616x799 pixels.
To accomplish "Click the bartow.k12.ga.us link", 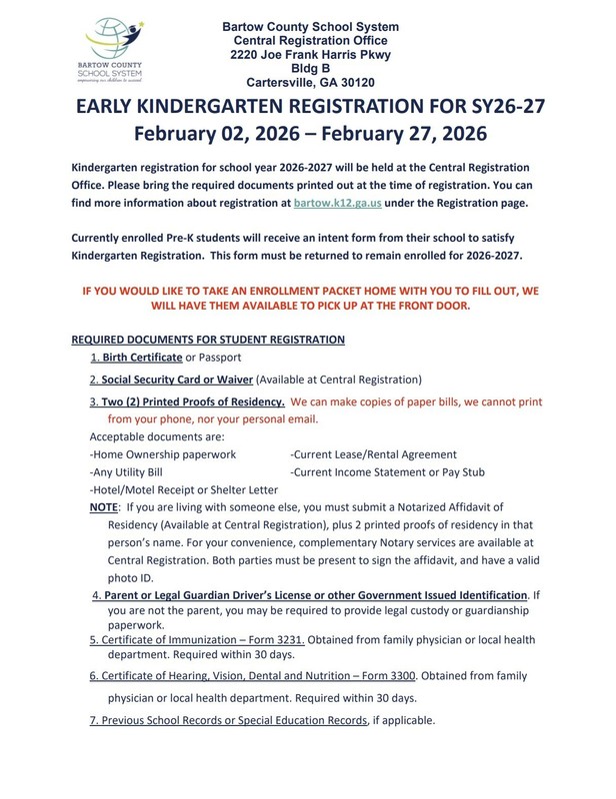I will pyautogui.click(x=339, y=203).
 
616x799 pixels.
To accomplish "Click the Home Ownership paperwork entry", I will pyautogui.click(x=163, y=453).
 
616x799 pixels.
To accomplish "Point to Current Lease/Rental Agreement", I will pyautogui.click(x=372, y=453).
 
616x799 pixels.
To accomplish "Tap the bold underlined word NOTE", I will pyautogui.click(x=105, y=508).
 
